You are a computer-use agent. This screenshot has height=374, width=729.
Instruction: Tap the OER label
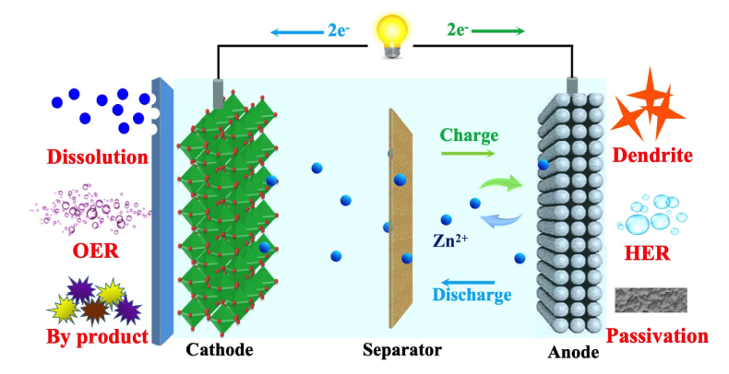click(x=92, y=251)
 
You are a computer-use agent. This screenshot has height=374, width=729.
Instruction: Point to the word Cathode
click(x=220, y=351)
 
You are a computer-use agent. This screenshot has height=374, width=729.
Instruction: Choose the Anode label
click(x=572, y=352)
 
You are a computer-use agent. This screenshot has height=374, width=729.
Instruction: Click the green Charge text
click(x=469, y=135)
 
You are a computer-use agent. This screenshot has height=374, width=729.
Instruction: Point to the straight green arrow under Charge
click(x=469, y=154)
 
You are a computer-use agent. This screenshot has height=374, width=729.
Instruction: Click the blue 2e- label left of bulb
click(x=339, y=31)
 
